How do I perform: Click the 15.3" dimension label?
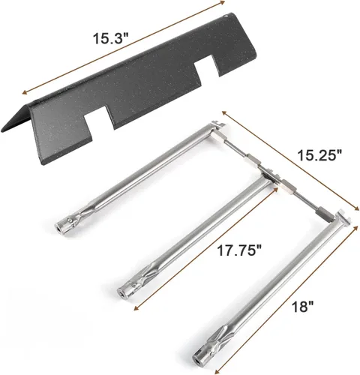click(x=110, y=38)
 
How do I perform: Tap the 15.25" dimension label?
click(x=319, y=155)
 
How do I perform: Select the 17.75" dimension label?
click(x=239, y=250)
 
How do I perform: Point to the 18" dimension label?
click(x=302, y=307)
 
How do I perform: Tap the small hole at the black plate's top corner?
click(x=226, y=16)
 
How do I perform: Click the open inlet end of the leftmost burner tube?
click(x=58, y=228)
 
